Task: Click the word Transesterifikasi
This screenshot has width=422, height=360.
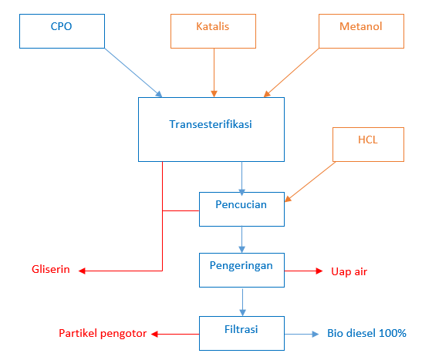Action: [x=211, y=124]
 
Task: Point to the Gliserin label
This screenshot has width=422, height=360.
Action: [x=51, y=269]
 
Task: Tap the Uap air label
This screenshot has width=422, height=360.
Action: [x=349, y=271]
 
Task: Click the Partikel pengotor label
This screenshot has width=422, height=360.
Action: [x=103, y=333]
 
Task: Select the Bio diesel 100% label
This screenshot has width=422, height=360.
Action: [x=366, y=333]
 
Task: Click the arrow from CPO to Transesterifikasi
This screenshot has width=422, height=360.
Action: [x=133, y=72]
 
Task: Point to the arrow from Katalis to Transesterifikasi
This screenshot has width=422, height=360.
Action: [x=214, y=72]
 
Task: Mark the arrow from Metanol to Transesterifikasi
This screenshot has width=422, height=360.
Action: [x=292, y=72]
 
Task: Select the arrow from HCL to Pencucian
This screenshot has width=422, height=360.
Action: [x=310, y=182]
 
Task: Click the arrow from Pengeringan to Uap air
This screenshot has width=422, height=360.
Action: [x=304, y=271]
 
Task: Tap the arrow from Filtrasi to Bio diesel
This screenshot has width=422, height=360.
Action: [x=302, y=335]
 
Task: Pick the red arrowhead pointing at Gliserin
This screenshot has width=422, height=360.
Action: [x=82, y=271]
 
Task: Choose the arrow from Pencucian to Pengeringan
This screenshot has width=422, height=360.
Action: [x=242, y=240]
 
